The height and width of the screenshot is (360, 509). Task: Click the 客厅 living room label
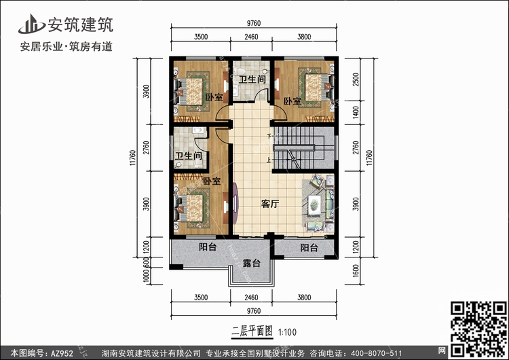271,203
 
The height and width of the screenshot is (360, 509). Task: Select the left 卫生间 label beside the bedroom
189,157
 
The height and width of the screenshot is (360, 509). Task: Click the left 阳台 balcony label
208,248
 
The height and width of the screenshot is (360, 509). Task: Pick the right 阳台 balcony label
309,248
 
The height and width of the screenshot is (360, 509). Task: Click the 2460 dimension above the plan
252,38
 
